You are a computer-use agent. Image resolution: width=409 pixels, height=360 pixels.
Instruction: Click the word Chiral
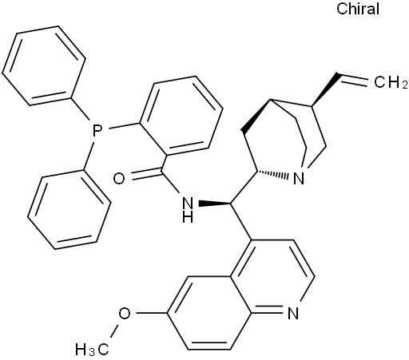358,9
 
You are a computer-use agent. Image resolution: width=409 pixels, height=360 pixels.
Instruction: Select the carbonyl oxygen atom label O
119,178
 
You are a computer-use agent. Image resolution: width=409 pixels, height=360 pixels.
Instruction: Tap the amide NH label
188,210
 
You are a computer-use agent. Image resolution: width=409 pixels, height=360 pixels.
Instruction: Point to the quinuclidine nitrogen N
299,178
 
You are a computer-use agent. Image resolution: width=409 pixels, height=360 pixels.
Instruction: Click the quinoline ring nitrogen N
293,313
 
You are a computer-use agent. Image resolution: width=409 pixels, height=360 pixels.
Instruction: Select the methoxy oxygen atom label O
125,313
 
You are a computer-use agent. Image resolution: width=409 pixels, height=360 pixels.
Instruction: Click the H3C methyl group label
92,350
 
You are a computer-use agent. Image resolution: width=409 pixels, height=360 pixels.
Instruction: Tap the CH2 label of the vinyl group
391,82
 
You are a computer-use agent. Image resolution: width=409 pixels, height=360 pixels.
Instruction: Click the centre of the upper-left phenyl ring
44,65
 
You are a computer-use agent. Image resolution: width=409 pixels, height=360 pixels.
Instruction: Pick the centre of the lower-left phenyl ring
69,209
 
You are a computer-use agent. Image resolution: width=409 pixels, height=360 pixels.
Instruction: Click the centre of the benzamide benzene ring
181,116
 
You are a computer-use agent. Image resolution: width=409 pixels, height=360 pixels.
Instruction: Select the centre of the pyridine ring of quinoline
272,277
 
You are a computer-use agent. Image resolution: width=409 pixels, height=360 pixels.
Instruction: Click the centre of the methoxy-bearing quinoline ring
209,313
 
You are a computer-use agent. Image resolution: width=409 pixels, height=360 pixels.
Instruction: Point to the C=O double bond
146,173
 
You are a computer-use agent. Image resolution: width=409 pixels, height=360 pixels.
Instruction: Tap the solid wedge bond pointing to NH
215,204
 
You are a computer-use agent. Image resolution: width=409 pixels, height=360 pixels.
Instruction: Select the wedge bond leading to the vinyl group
324,89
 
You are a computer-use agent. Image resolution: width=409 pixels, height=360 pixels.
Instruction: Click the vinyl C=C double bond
352,79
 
